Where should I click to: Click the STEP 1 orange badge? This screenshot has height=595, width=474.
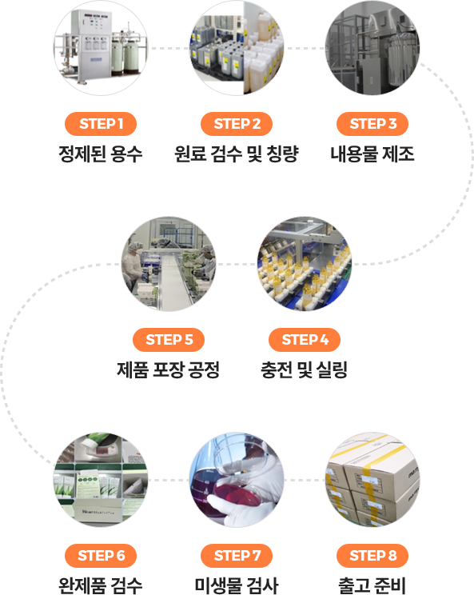(x=101, y=124)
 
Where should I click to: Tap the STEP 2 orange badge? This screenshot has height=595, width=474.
(x=237, y=124)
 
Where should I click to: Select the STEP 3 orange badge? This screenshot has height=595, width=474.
(x=372, y=124)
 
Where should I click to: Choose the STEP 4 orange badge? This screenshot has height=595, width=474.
(x=305, y=340)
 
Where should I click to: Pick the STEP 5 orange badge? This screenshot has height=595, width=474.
(x=169, y=340)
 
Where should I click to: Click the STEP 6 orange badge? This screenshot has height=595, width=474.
(x=101, y=556)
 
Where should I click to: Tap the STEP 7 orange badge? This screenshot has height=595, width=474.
(x=237, y=556)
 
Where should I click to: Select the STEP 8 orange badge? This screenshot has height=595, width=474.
(x=372, y=556)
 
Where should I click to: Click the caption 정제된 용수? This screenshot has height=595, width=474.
(x=101, y=154)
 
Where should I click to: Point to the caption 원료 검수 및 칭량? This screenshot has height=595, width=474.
(x=237, y=154)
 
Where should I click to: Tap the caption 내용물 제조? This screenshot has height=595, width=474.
(x=372, y=154)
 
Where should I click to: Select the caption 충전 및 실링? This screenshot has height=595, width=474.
(x=305, y=370)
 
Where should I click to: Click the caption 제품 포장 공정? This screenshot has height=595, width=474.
(x=169, y=370)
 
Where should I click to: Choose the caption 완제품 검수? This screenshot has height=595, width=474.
(x=101, y=585)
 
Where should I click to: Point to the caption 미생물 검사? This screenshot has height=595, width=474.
(x=237, y=585)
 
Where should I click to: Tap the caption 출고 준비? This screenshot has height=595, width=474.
(x=372, y=585)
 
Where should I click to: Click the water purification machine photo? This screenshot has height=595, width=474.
(x=101, y=48)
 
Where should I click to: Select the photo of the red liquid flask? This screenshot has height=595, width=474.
(x=237, y=480)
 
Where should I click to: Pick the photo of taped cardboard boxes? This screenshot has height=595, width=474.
(x=372, y=480)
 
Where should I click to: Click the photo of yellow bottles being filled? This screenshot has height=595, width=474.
(x=305, y=264)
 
